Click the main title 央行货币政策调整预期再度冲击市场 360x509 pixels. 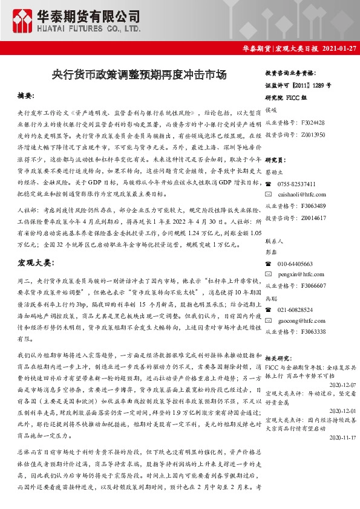(x=140, y=76)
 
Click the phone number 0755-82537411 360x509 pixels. (x=296, y=184)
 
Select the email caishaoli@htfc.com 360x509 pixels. (x=302, y=195)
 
